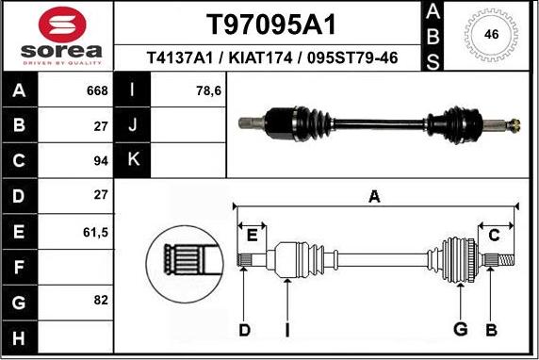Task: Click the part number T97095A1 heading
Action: (x=270, y=24)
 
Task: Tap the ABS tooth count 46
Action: (x=490, y=35)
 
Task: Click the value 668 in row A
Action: (x=97, y=91)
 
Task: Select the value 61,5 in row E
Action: (x=97, y=231)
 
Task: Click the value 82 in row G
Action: (x=101, y=300)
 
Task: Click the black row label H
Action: (x=20, y=336)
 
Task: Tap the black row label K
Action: (x=133, y=159)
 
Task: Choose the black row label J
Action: (x=133, y=125)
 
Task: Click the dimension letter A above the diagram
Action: (x=374, y=197)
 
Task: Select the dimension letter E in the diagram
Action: (x=252, y=234)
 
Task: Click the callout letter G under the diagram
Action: (x=461, y=329)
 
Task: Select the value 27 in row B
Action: (x=101, y=125)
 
